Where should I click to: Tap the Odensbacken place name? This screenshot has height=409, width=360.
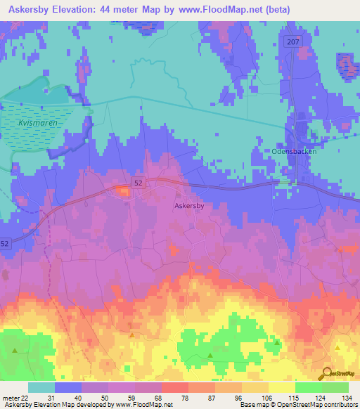click(294, 151)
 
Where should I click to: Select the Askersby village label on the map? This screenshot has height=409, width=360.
click(189, 207)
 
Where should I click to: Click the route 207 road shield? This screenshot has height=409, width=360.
click(293, 43)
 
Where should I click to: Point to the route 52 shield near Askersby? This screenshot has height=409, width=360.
click(139, 183)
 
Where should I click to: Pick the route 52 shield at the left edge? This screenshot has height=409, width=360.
click(5, 243)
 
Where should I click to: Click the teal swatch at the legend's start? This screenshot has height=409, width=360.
click(41, 387)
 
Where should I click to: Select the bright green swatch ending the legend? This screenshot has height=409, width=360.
click(335, 387)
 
